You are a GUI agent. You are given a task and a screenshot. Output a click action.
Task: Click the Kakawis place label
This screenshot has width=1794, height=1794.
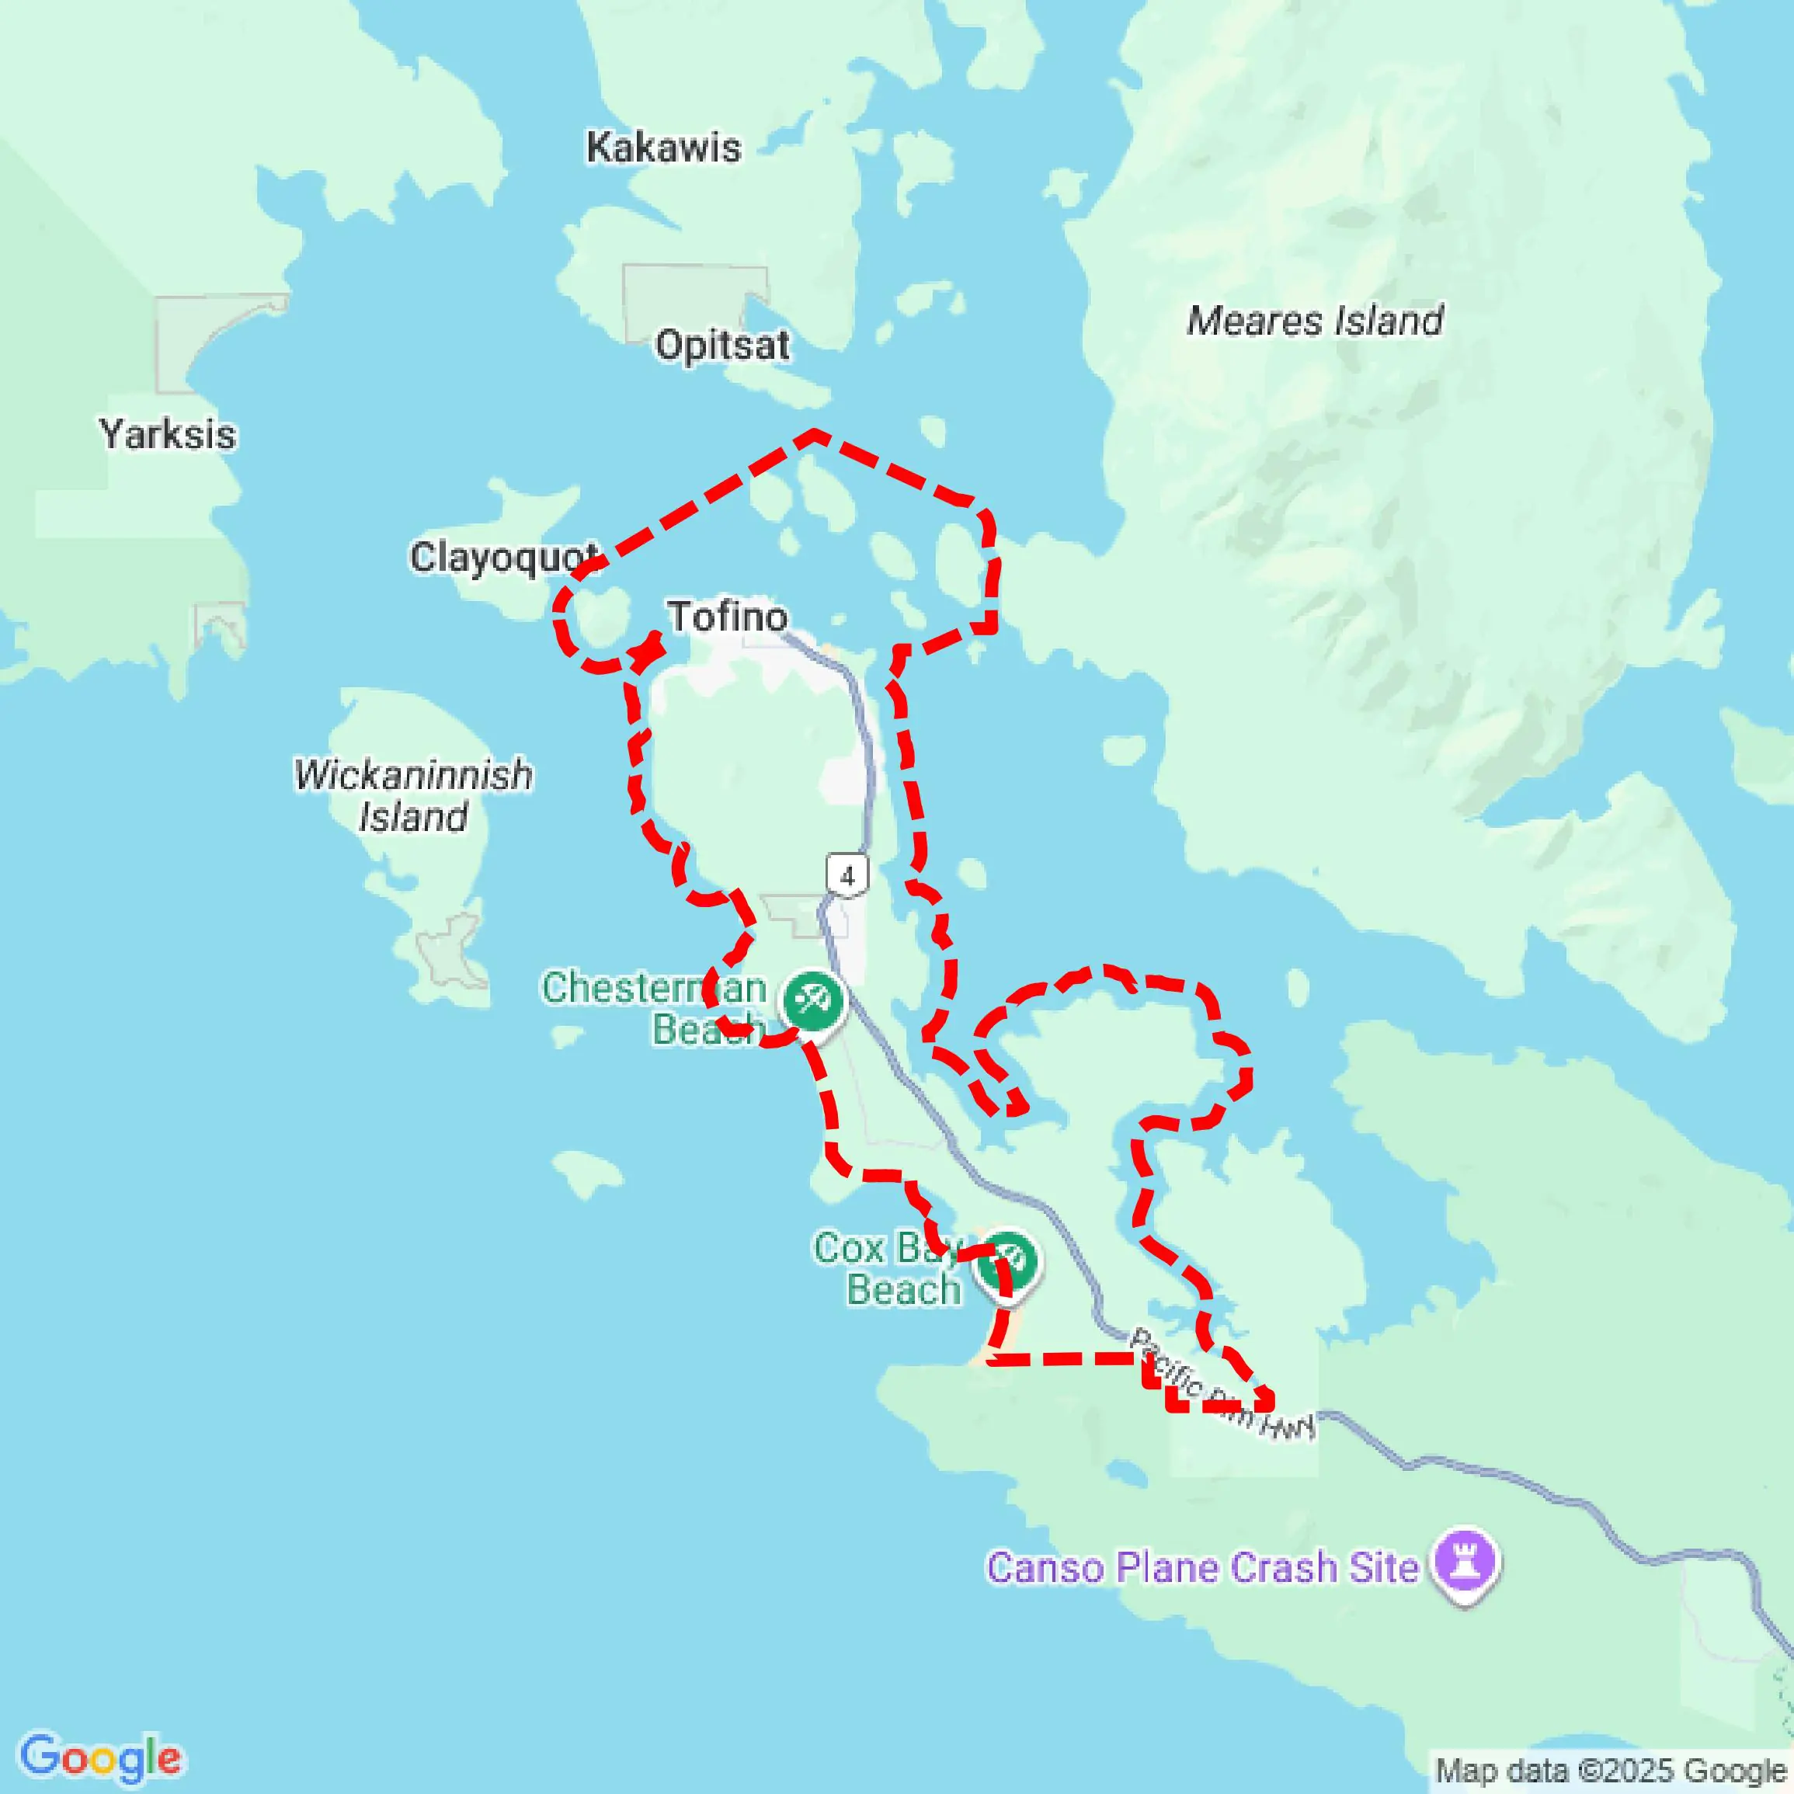point(663,148)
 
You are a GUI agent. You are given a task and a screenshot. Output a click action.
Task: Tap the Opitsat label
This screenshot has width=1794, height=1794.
point(722,346)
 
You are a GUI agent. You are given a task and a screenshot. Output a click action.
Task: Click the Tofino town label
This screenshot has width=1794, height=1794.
point(727,617)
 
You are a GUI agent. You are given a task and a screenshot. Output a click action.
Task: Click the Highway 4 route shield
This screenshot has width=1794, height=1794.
point(847,874)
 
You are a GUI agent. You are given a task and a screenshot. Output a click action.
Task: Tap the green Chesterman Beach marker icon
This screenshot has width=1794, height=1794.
point(813,1000)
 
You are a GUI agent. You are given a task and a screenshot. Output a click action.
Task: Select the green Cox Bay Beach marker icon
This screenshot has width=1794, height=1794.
point(1008,1260)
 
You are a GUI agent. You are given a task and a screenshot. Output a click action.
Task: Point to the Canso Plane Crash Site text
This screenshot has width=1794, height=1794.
point(1202,1567)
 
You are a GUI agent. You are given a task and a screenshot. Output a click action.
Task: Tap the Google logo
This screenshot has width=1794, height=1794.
point(100,1757)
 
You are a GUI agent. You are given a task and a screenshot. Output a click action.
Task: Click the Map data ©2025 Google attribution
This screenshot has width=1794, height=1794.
point(1611,1770)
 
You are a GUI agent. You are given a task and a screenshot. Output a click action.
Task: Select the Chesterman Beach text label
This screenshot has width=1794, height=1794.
point(655,1008)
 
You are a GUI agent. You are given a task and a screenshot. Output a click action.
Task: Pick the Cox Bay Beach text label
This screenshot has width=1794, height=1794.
point(888,1269)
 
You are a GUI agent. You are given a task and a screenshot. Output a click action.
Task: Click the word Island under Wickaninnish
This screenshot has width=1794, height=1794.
point(413,817)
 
